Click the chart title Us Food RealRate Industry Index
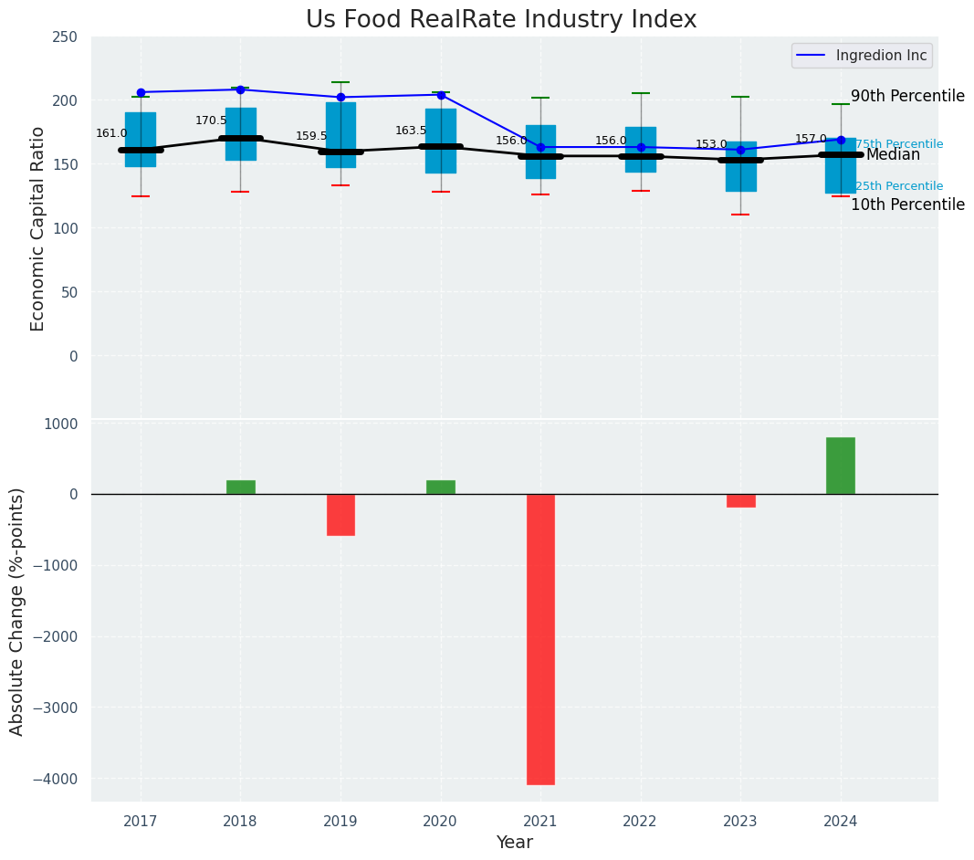pyautogui.click(x=501, y=20)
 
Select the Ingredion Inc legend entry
pyautogui.click(x=860, y=56)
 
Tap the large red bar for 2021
pyautogui.click(x=540, y=639)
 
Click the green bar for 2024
pyautogui.click(x=841, y=466)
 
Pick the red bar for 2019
pyautogui.click(x=340, y=515)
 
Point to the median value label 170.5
pyautogui.click(x=211, y=121)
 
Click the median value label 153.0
pyautogui.click(x=711, y=144)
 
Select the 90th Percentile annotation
pyautogui.click(x=907, y=96)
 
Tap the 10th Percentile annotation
pyautogui.click(x=907, y=205)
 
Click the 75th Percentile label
pyautogui.click(x=899, y=144)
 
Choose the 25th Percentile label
pyautogui.click(x=899, y=186)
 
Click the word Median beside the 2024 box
pyautogui.click(x=893, y=155)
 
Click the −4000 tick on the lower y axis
pyautogui.click(x=57, y=779)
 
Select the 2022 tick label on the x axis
pyautogui.click(x=641, y=822)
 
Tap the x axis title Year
pyautogui.click(x=515, y=843)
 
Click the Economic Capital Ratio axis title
pyautogui.click(x=38, y=228)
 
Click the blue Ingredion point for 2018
pyautogui.click(x=240, y=89)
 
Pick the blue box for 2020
pyautogui.click(x=441, y=142)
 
